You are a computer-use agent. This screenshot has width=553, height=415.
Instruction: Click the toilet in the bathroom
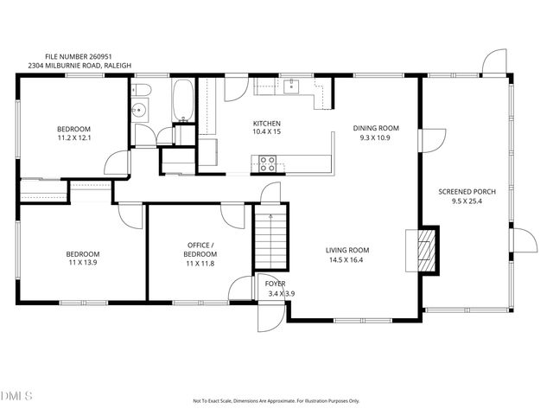143,90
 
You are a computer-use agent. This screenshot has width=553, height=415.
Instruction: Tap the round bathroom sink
139,110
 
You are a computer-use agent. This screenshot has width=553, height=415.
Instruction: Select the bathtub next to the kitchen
183,100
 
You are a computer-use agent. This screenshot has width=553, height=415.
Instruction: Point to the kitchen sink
292,86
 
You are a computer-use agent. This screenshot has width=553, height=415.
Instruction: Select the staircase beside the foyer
270,242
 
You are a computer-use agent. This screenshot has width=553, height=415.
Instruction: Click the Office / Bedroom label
200,250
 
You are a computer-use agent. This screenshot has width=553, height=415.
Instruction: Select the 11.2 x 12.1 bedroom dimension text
74,137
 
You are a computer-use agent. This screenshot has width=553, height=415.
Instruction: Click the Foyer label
275,284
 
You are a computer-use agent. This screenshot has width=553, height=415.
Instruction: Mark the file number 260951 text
81,54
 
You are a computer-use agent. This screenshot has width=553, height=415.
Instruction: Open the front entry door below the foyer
270,319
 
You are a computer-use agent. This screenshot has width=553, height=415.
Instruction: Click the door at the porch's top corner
495,62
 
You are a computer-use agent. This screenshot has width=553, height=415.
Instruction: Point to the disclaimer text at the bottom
276,401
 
